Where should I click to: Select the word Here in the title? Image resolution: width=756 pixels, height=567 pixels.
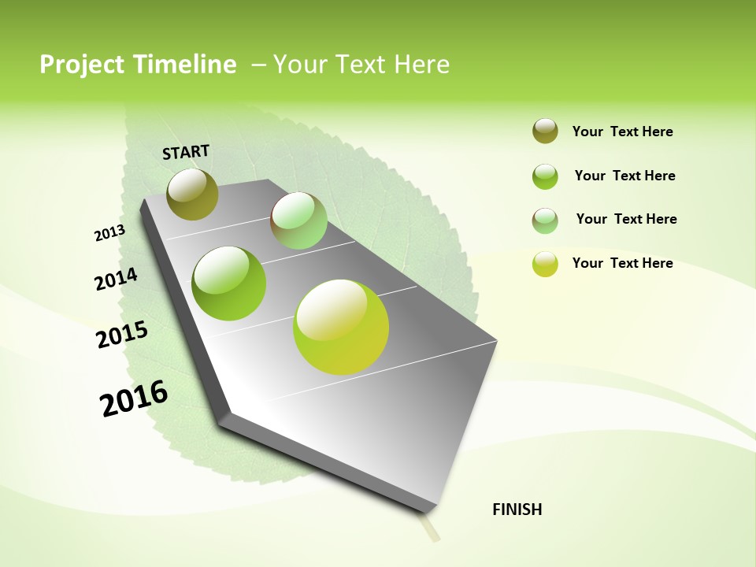coord(421,65)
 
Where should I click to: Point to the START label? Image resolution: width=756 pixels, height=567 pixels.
coord(186,152)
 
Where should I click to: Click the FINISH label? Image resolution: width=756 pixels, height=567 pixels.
coord(517,510)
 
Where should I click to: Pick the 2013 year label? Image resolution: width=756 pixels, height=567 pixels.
coord(109,233)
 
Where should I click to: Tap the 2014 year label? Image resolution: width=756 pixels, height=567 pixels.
coord(116,280)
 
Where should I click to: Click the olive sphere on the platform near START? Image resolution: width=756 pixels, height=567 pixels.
coord(193,194)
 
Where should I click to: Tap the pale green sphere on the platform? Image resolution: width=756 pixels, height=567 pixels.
coord(298,220)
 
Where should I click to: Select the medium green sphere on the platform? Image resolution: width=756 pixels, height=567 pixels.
coord(229,283)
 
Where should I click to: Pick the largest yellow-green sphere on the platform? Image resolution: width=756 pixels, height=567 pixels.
coord(341,327)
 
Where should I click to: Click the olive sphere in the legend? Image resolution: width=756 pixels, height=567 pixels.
coord(545,131)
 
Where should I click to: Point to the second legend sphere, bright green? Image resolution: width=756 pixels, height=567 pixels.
coord(545,176)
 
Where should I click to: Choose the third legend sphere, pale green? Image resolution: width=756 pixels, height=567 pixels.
coord(545,220)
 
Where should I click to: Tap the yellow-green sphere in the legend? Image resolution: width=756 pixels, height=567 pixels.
coord(545,264)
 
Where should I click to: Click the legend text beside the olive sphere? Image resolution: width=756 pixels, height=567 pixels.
coord(623,132)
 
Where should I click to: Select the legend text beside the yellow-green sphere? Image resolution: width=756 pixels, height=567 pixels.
coord(623,263)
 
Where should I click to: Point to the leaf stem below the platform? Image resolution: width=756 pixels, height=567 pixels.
coord(430,528)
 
